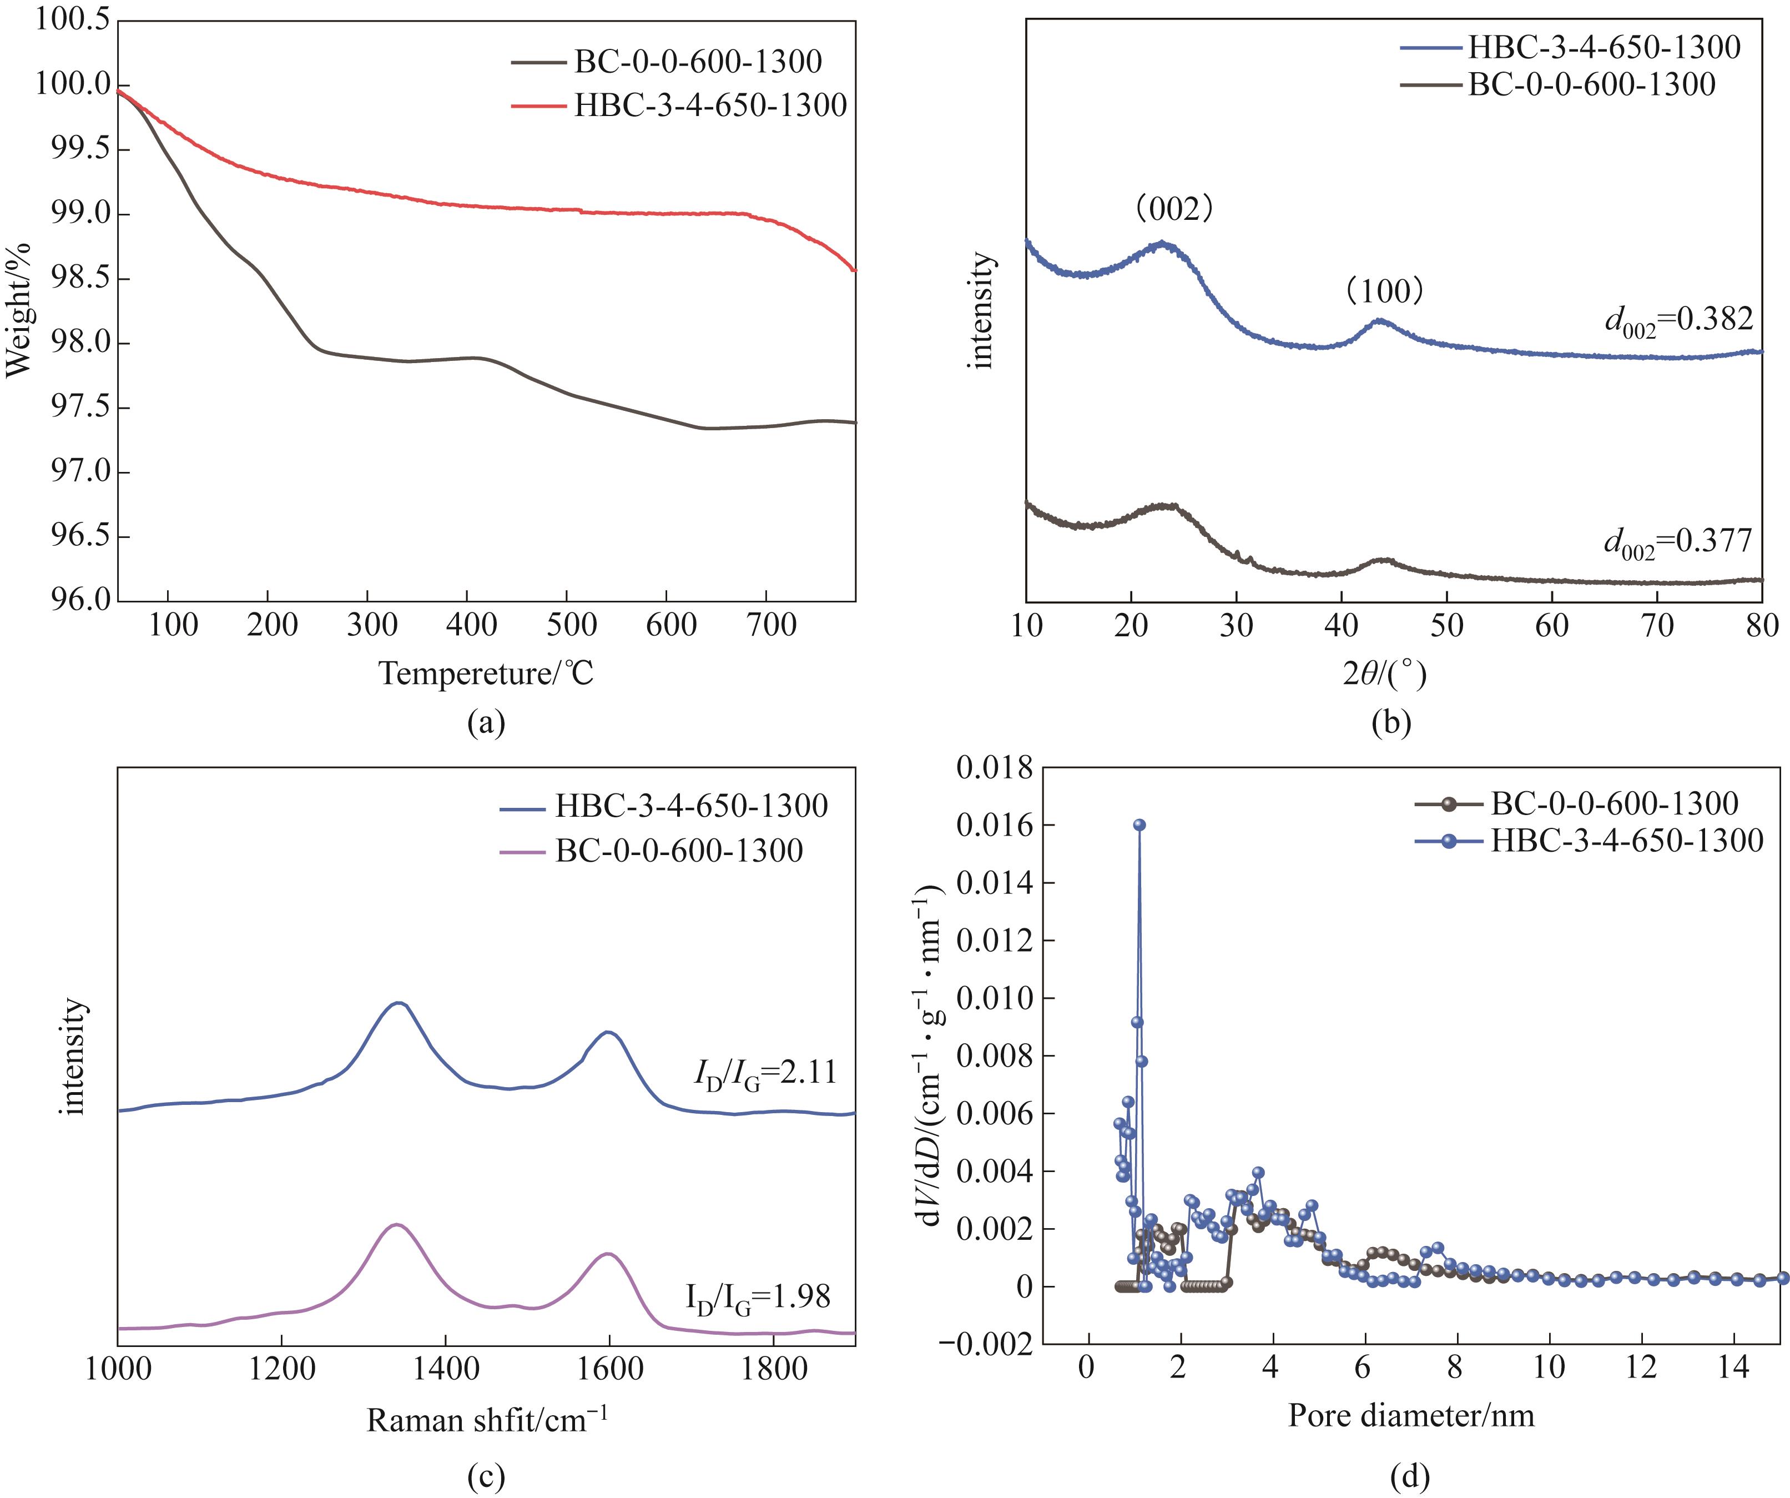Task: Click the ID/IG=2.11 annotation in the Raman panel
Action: pyautogui.click(x=765, y=1073)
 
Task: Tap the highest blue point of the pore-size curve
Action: pyautogui.click(x=1139, y=825)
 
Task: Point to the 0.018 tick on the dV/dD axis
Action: pyautogui.click(x=994, y=768)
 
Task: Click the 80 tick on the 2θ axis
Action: pyautogui.click(x=1761, y=627)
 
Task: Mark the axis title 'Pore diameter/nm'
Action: pyautogui.click(x=1411, y=1415)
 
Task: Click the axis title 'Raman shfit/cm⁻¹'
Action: pyautogui.click(x=487, y=1420)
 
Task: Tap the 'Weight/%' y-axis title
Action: pyautogui.click(x=19, y=309)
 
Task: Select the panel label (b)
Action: pyautogui.click(x=1391, y=723)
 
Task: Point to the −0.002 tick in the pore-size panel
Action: pyautogui.click(x=986, y=1345)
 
